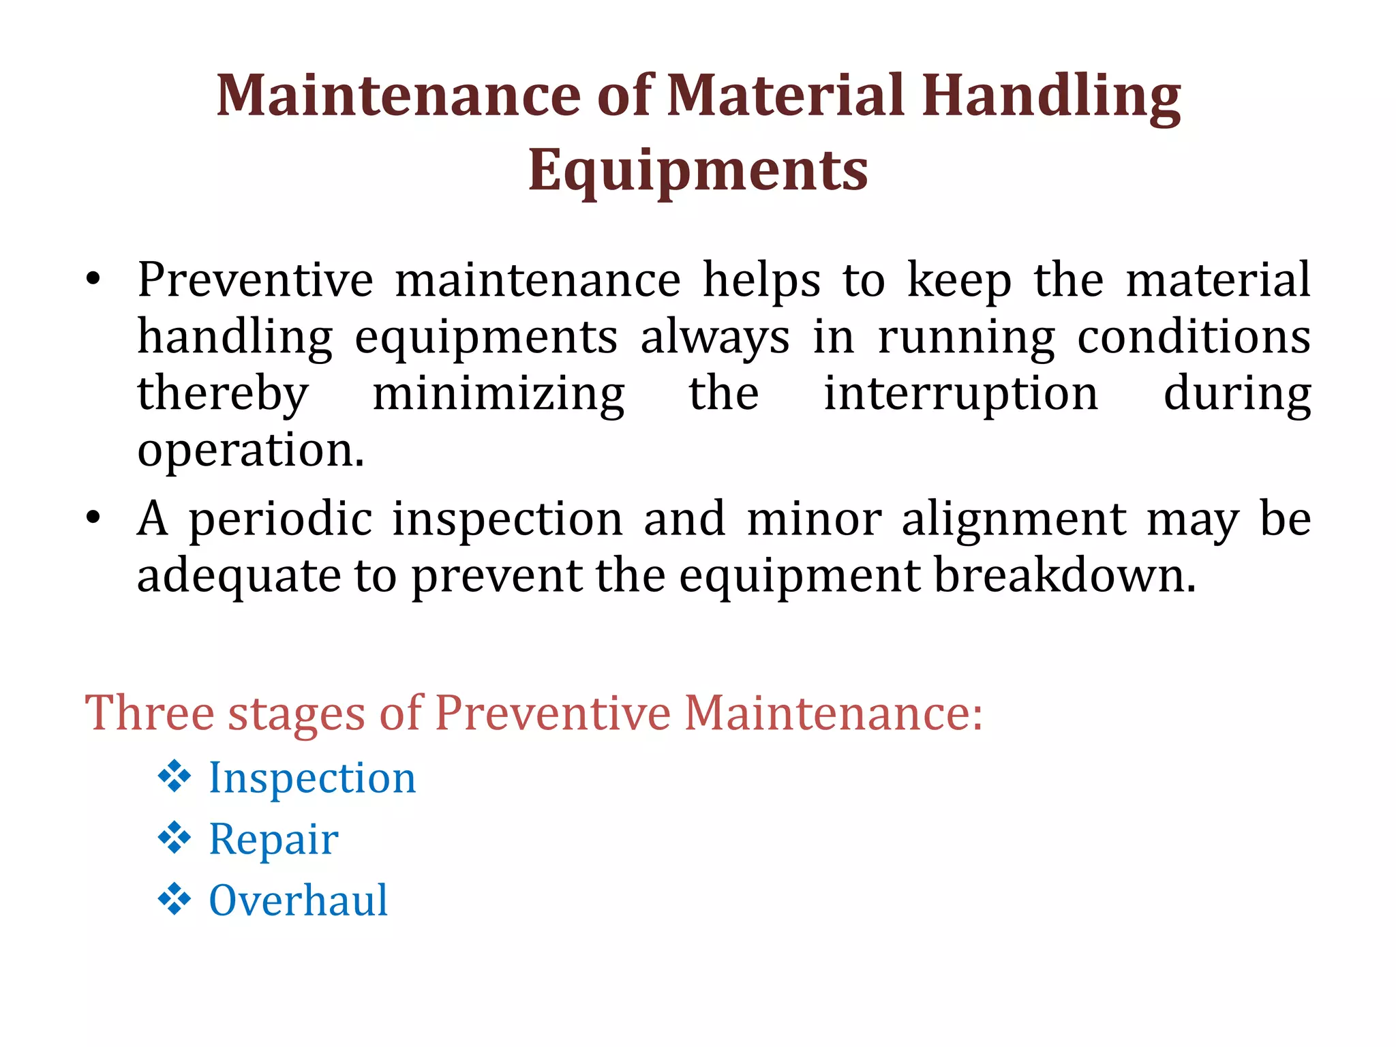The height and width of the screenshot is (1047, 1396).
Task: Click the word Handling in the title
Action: (1051, 97)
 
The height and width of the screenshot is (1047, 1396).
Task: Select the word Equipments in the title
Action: (698, 170)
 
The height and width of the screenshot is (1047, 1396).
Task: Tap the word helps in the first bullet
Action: (761, 281)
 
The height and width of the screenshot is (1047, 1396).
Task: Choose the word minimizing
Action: (498, 395)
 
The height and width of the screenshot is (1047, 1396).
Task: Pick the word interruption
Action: (961, 395)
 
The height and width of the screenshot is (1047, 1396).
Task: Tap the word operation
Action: (250, 451)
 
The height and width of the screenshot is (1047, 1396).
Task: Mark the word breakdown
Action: (1064, 575)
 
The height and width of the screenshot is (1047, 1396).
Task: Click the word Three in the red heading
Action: (150, 713)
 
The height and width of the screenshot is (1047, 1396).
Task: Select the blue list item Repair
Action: (273, 839)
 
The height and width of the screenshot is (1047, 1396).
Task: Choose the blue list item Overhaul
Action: (298, 900)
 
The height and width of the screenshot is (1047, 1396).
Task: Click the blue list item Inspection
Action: (312, 778)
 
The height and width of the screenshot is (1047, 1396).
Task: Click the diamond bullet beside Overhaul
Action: (174, 899)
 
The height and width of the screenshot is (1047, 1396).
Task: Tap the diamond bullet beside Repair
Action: (174, 838)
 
